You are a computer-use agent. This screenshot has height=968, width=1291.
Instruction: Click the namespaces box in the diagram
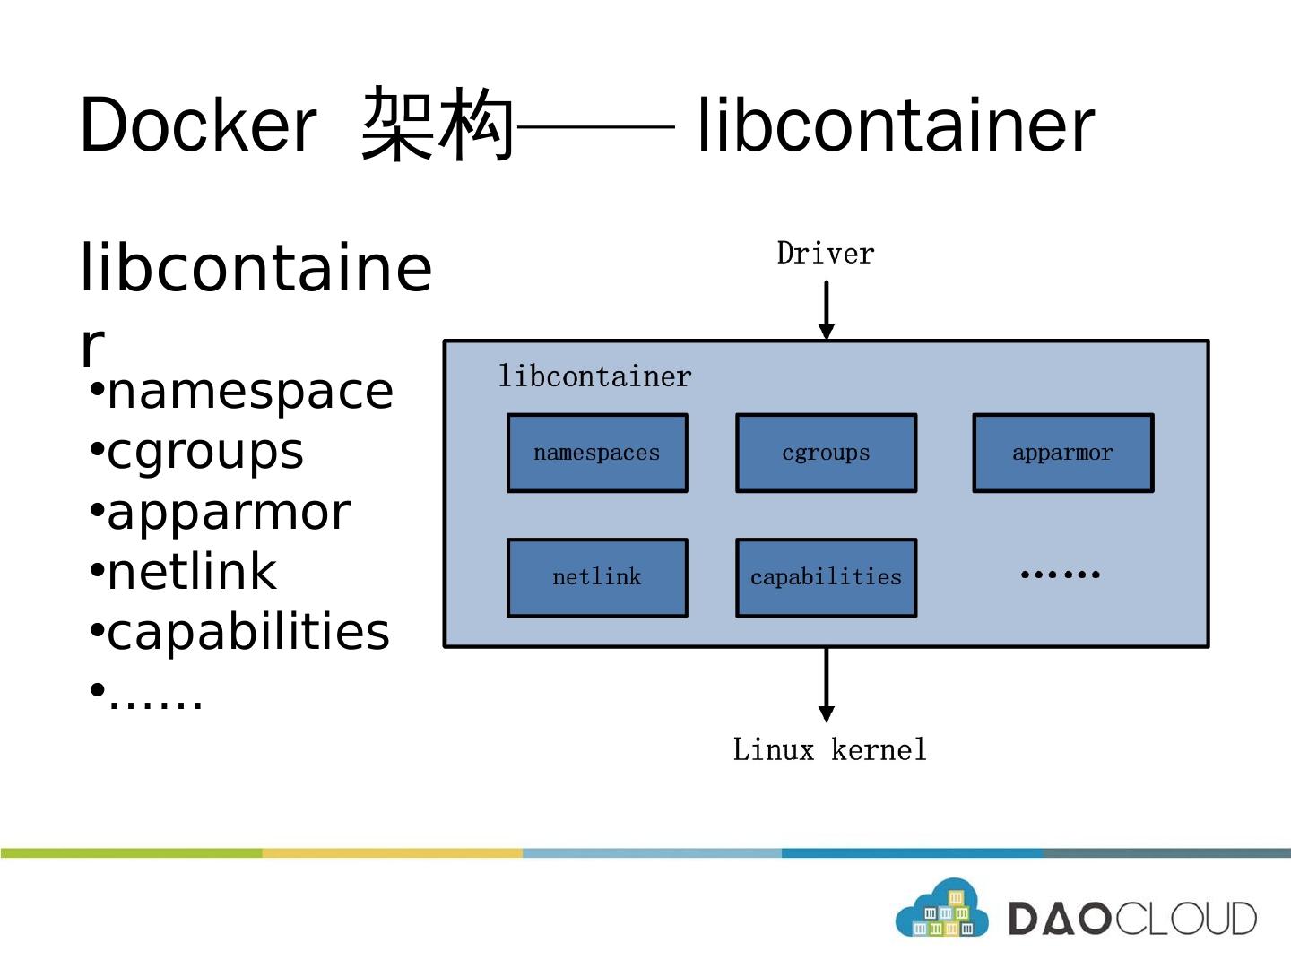(597, 453)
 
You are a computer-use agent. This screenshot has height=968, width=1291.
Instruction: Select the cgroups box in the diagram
(826, 453)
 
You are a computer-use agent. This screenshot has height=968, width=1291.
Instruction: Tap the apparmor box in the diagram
(1062, 453)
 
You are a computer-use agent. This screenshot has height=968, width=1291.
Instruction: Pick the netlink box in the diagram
(597, 577)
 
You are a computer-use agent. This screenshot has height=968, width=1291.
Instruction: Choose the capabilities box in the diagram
(826, 577)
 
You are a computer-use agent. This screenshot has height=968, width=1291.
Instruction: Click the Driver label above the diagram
(825, 254)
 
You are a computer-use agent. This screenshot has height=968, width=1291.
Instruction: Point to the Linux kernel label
(829, 749)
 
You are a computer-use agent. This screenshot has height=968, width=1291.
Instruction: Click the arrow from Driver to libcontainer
(827, 309)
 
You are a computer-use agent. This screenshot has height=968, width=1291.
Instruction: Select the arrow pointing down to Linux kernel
(827, 684)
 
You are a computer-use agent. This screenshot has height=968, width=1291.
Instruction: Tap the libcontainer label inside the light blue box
(594, 376)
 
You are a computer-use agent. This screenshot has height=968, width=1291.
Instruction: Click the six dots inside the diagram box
(1060, 575)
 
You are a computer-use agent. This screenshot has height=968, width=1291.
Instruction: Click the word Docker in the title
(197, 125)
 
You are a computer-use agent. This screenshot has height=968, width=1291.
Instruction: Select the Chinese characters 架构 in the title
(438, 125)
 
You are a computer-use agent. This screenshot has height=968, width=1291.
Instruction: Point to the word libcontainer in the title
(896, 125)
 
